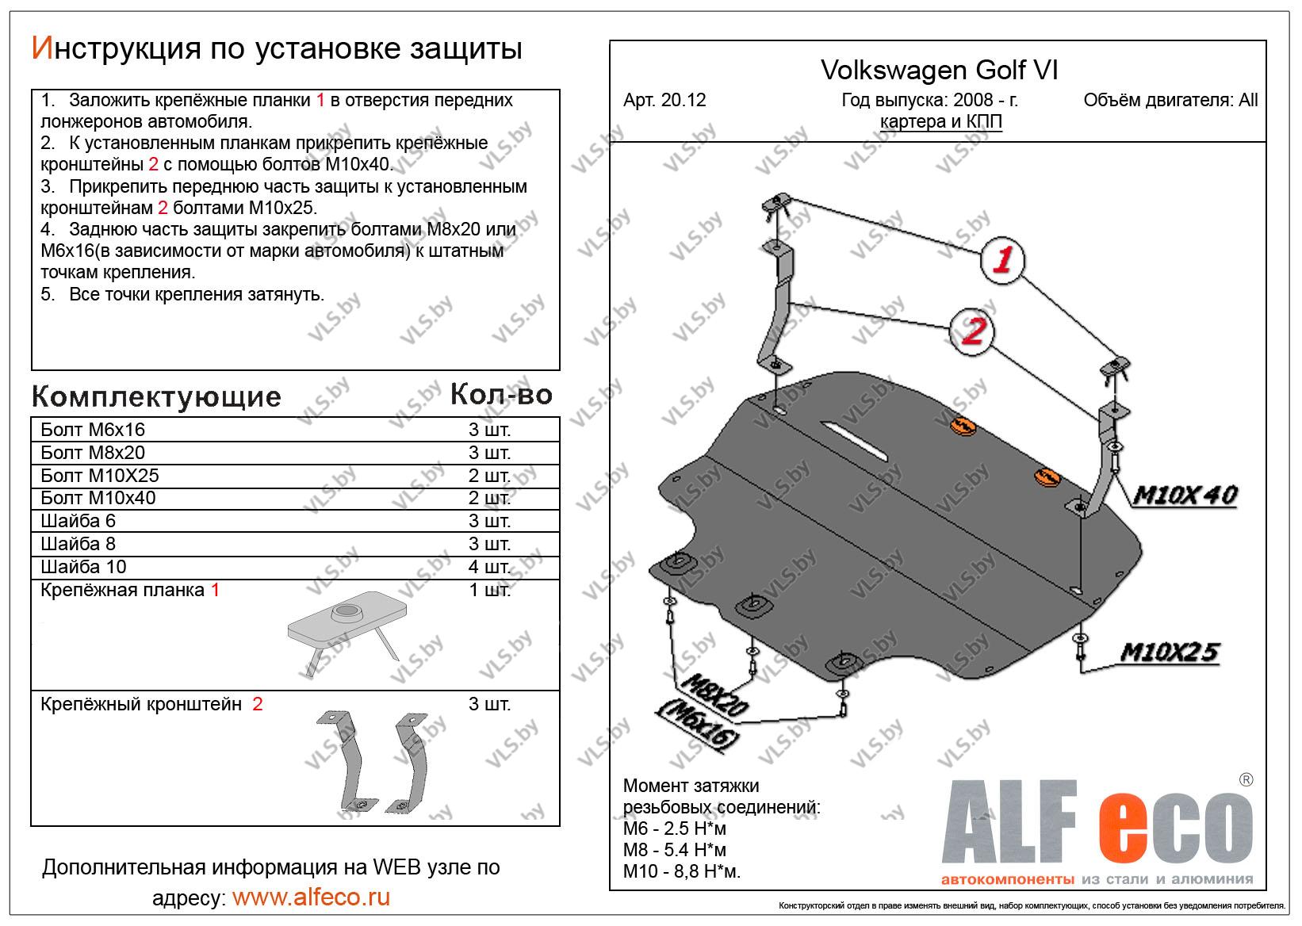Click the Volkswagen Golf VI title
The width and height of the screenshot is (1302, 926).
tap(939, 71)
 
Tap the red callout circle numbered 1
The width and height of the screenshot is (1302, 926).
tap(1002, 260)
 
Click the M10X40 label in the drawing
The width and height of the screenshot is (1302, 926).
tap(1185, 496)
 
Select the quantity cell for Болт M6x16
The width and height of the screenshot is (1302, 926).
tap(489, 430)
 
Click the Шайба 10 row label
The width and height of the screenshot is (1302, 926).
tap(83, 567)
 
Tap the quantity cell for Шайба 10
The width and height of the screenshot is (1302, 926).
tap(489, 567)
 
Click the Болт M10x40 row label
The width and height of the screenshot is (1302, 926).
tap(98, 498)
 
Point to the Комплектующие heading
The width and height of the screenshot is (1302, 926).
tap(156, 396)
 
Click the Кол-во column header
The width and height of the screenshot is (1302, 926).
tap(500, 394)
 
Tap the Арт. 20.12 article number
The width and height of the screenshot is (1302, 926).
tap(664, 101)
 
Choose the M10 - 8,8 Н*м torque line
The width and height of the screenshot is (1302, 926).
tap(682, 872)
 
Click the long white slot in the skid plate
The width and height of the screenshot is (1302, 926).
tap(855, 438)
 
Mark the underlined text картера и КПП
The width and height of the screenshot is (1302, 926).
tap(940, 121)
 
